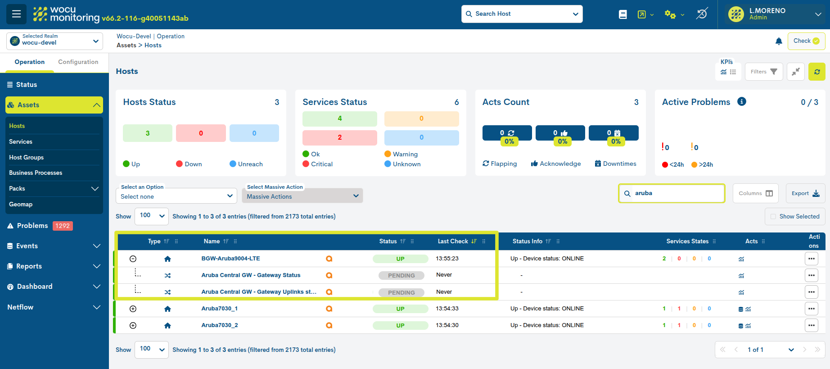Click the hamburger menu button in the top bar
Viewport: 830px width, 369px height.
tap(16, 14)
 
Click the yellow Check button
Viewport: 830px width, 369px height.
tap(806, 41)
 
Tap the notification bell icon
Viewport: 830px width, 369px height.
tap(779, 41)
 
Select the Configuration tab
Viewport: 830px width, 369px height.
tap(78, 62)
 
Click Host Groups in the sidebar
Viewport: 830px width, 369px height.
tap(27, 157)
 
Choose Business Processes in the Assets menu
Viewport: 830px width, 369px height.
tap(36, 173)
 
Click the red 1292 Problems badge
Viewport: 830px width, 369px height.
tap(63, 226)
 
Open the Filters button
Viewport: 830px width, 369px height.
tap(763, 72)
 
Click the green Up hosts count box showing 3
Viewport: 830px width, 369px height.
tap(148, 133)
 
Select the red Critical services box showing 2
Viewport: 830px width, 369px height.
tap(339, 137)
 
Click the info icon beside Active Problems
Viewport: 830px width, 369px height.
tap(742, 102)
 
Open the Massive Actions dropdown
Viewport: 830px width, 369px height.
tap(302, 196)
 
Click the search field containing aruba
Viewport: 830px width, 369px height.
tap(675, 193)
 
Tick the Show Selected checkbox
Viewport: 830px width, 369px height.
tap(773, 217)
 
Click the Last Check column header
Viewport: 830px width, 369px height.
tap(453, 241)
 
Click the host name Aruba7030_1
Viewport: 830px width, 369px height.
tap(220, 309)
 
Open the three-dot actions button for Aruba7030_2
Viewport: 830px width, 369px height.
tap(811, 325)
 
